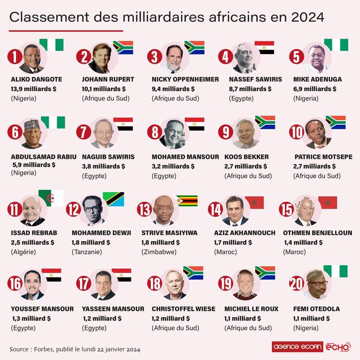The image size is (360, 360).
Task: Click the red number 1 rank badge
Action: click(15, 56)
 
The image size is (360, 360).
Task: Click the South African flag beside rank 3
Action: click(194, 48)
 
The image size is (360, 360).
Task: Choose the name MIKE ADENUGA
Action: click(317, 79)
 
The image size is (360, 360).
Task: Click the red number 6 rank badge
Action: click(15, 132)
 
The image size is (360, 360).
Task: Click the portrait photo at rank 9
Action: click(246, 133)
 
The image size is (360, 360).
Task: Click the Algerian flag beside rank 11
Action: click(51, 197)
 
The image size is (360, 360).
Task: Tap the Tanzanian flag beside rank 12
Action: click(113, 199)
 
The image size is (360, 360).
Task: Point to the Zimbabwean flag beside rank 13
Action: click(186, 201)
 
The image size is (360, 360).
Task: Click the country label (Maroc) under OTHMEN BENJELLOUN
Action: click(294, 251)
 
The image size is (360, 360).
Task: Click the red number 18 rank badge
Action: click(155, 284)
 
